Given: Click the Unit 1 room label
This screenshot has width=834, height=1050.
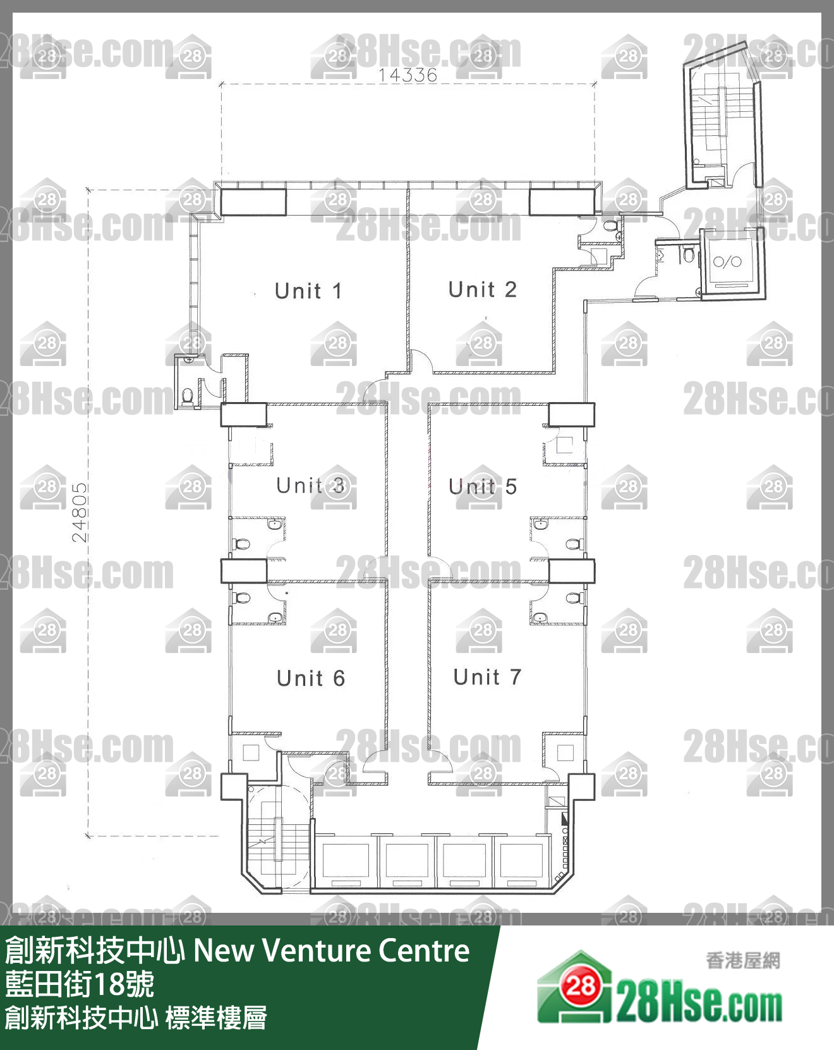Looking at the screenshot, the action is (x=308, y=291).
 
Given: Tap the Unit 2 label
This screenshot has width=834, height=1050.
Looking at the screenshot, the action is (x=483, y=290).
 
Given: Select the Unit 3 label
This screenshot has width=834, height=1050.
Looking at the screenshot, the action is (x=310, y=485).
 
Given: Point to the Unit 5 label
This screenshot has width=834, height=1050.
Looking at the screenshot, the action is (x=483, y=486).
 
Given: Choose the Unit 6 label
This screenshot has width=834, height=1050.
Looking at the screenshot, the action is (x=311, y=678).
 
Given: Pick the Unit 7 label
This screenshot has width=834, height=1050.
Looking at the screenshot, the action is (x=487, y=677).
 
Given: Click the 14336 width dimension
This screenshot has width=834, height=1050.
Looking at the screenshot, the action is (x=408, y=75).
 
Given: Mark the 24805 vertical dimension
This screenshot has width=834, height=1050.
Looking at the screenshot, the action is (x=80, y=513).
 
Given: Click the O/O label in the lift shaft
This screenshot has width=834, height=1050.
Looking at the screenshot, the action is (x=727, y=261).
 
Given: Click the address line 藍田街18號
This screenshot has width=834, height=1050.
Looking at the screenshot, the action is (x=80, y=984).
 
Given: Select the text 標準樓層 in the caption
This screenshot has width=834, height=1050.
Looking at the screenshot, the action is (x=216, y=1018).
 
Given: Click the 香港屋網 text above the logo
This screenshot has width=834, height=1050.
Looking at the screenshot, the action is (x=742, y=961).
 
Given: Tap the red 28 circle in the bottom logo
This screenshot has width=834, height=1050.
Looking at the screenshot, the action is (x=580, y=986).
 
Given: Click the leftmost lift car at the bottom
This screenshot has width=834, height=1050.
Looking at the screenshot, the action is (x=346, y=862).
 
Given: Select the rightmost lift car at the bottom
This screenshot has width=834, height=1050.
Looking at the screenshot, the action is (x=521, y=862).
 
